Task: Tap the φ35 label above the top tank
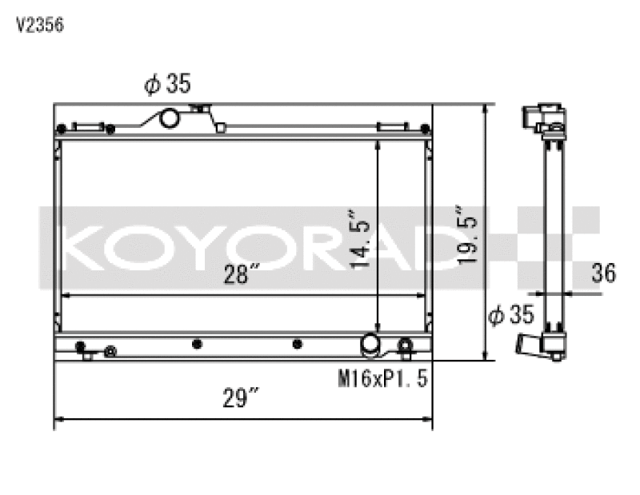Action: pyautogui.click(x=167, y=84)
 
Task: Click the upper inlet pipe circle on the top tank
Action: pyautogui.click(x=170, y=118)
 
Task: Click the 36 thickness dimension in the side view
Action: pyautogui.click(x=604, y=273)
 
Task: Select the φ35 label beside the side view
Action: pyautogui.click(x=510, y=316)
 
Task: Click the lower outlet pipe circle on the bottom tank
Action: pyautogui.click(x=372, y=344)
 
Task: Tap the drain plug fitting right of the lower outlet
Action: pyautogui.click(x=406, y=345)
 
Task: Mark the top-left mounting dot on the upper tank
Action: pyautogui.click(x=61, y=129)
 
